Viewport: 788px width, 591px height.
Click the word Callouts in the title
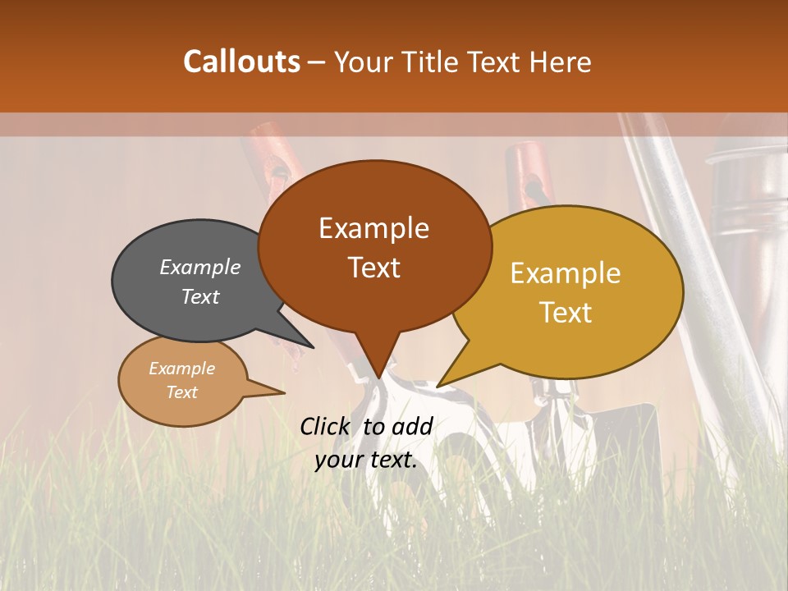(241, 62)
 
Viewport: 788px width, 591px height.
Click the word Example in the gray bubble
(199, 268)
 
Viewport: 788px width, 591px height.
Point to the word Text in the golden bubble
(566, 313)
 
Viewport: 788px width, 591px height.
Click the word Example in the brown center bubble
(373, 228)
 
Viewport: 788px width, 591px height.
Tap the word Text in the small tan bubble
(181, 392)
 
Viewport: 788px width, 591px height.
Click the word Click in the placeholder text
(325, 426)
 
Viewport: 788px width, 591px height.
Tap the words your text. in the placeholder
(366, 460)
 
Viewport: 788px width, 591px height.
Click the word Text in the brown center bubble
(373, 268)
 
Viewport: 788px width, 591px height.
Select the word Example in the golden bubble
(566, 273)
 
